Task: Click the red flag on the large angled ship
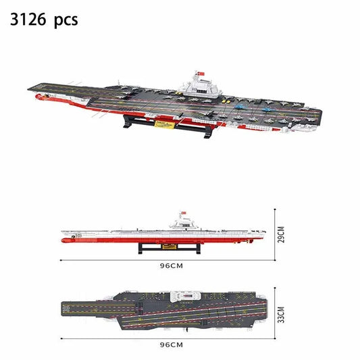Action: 199,72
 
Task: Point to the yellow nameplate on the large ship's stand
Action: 164,124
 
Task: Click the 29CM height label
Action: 282,234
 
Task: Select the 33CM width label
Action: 282,314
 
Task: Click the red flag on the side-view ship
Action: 181,214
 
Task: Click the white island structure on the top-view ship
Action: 186,296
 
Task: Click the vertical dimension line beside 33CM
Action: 275,313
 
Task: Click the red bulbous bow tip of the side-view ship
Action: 63,238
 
